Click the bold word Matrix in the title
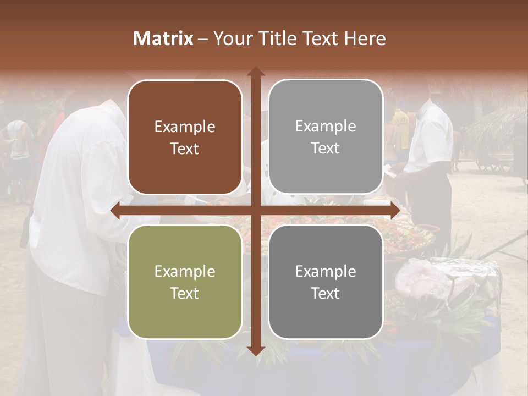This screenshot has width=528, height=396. [163, 38]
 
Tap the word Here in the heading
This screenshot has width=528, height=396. [365, 38]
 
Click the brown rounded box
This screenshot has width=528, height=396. [185, 137]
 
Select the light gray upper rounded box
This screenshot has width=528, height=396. [326, 137]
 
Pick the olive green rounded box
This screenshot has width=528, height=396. [185, 282]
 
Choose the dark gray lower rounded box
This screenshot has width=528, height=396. [326, 282]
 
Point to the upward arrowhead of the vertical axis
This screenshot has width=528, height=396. [255, 71]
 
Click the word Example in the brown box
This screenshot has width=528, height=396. [185, 127]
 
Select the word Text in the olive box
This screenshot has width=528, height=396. [185, 293]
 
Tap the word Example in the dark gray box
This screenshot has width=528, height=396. [326, 271]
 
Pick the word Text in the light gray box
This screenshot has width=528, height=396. [326, 148]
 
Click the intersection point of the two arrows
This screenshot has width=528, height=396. [255, 211]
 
